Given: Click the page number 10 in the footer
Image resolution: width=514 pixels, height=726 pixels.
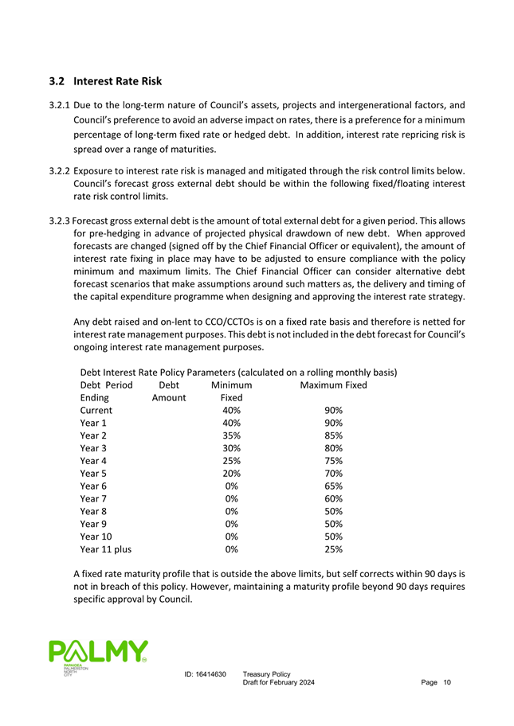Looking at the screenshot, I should coord(447,686).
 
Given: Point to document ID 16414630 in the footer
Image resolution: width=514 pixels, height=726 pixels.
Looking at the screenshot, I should coord(205,675).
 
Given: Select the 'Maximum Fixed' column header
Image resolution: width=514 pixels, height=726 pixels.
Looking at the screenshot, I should coord(333,385).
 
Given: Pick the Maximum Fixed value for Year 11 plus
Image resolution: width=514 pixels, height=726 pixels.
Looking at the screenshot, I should coord(334,548).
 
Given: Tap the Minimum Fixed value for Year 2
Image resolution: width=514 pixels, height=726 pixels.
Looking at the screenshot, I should coord(232,435).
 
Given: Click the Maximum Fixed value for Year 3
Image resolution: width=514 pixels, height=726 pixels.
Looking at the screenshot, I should coord(334,448).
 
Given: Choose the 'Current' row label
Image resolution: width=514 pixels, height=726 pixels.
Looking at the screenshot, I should coord(96,410).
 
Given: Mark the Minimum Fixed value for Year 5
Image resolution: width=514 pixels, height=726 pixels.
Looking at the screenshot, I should coord(232,473).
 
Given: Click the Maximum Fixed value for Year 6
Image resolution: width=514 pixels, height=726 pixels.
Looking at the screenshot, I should coord(334,486).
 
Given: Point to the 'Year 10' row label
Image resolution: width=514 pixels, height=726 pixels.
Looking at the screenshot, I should coord(97,536).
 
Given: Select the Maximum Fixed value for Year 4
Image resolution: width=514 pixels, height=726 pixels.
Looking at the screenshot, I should coord(334,461).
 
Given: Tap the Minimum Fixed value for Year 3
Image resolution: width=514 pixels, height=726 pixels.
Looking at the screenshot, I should coord(232,448).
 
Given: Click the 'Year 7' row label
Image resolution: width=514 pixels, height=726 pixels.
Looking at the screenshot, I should coord(94,498).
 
